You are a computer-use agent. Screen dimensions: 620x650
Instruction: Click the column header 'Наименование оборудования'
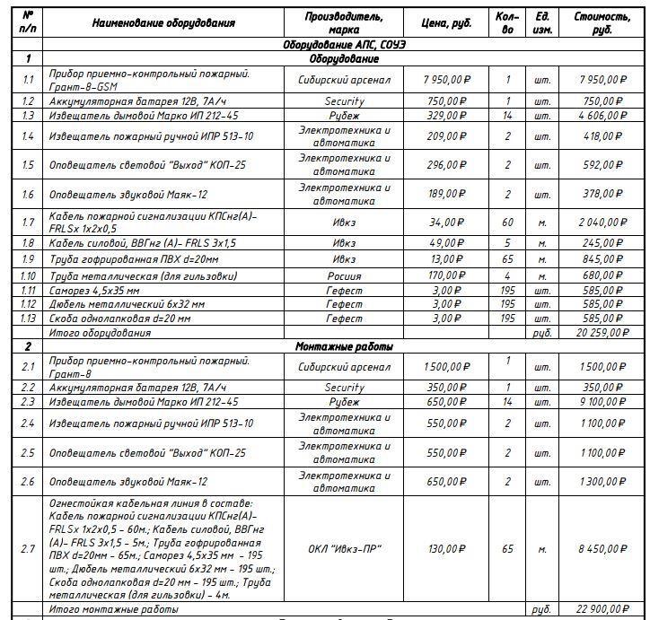point(163,22)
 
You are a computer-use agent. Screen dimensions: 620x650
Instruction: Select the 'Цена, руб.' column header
point(446,22)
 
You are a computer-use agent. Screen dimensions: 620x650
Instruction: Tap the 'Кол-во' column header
point(507,22)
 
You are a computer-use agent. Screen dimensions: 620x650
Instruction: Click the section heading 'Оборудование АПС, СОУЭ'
point(344,44)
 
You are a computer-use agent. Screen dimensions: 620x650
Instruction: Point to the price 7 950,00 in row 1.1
point(446,80)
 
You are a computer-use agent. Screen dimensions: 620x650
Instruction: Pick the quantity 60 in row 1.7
point(507,223)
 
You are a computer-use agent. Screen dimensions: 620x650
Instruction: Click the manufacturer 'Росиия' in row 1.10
point(344,275)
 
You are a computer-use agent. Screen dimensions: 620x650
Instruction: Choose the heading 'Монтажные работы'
point(344,346)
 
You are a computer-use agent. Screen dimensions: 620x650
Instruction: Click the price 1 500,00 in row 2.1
point(446,367)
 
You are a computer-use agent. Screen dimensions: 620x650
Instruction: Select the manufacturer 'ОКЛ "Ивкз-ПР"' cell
point(344,548)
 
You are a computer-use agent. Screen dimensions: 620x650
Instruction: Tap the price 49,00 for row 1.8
point(446,243)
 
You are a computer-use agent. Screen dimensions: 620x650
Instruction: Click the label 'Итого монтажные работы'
point(113,609)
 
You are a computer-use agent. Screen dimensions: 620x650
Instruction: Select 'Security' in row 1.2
point(344,101)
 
